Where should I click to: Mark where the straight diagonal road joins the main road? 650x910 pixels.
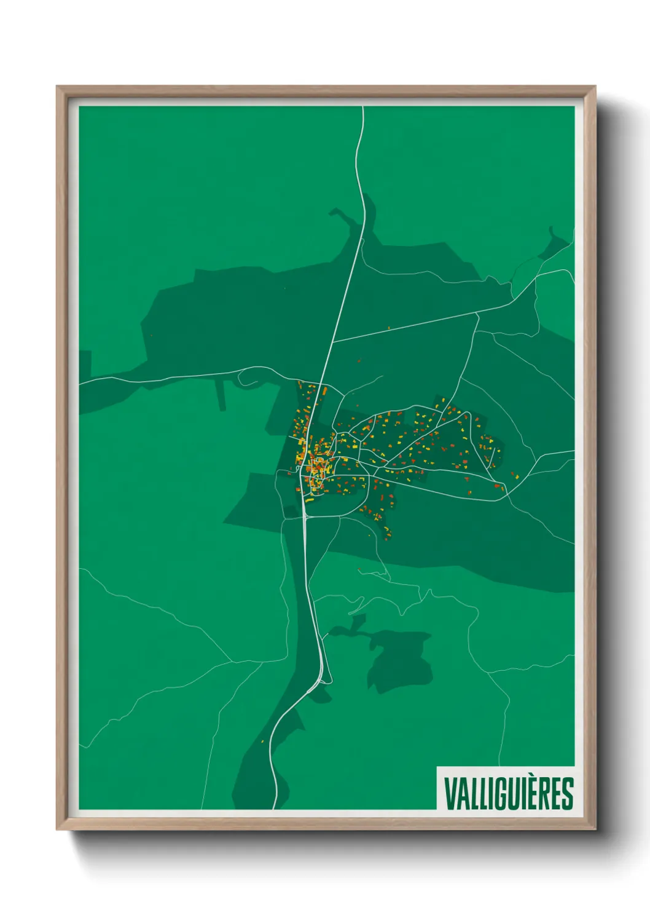[332, 341]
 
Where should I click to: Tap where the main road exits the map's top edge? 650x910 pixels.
[363, 108]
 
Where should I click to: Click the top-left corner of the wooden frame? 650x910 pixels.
[57, 87]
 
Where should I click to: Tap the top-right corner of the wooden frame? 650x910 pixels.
[595, 87]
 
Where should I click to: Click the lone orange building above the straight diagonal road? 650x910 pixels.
[388, 328]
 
